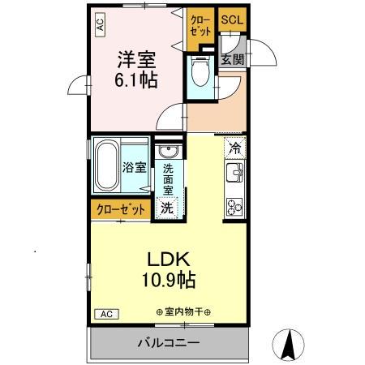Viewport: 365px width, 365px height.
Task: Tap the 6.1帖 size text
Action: (136, 81)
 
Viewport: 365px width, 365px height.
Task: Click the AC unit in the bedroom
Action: (100, 25)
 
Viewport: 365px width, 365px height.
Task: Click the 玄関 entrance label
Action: (232, 58)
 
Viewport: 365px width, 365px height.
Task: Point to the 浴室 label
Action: (134, 169)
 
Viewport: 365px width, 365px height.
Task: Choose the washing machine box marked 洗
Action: (166, 208)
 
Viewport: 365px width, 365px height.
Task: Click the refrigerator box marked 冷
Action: (234, 148)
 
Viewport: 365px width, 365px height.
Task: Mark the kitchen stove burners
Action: (234, 206)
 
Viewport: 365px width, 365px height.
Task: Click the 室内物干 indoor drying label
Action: (182, 312)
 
